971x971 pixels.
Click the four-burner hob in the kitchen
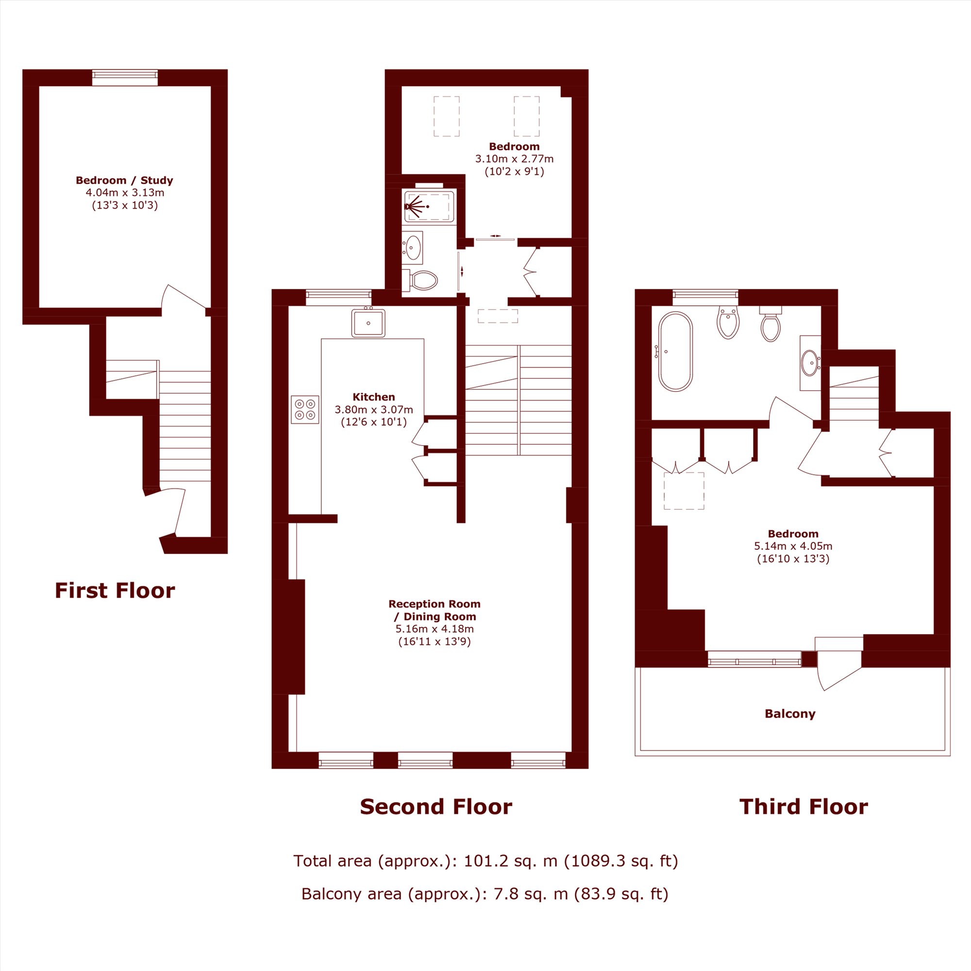click(305, 410)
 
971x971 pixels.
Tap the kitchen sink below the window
click(368, 323)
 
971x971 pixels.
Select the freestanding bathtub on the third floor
click(675, 352)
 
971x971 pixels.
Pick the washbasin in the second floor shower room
click(413, 247)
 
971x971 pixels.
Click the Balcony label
click(790, 714)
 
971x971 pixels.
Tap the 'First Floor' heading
click(115, 590)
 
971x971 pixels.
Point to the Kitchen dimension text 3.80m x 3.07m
click(374, 410)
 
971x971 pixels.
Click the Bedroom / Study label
click(125, 180)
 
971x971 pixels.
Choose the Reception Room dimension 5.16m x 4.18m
click(435, 629)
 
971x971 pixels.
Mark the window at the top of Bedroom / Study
click(125, 77)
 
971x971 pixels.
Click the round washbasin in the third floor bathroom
click(810, 363)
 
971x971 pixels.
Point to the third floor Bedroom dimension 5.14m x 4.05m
click(793, 546)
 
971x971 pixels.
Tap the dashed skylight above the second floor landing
click(498, 316)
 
